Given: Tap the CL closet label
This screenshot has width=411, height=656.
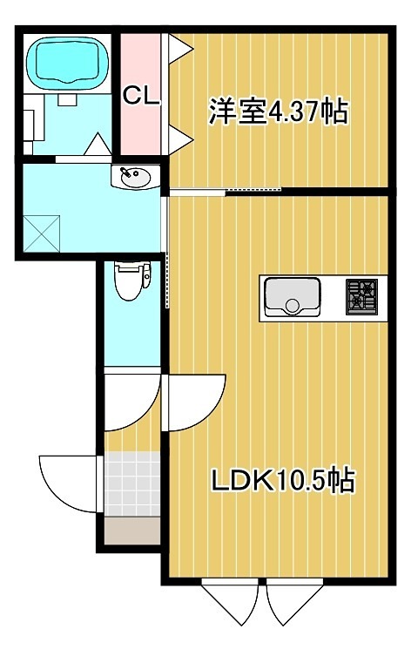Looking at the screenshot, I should click(x=140, y=96).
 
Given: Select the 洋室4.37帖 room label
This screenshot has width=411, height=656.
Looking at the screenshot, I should click(x=277, y=112).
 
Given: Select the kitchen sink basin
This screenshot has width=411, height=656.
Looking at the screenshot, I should click(x=293, y=297).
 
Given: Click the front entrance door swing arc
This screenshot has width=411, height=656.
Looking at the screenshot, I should click(x=68, y=481).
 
